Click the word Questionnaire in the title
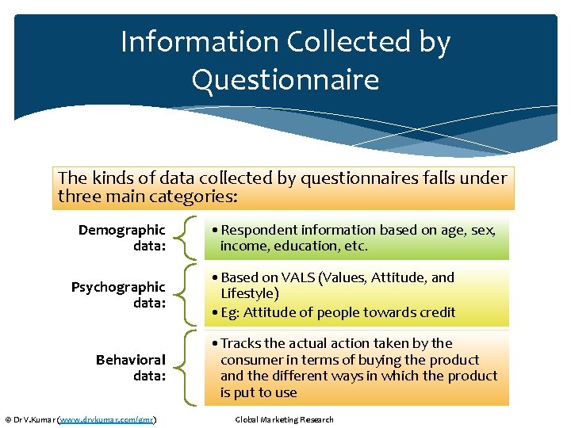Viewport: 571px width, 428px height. (285, 79)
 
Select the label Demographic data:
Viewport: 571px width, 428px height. (121, 238)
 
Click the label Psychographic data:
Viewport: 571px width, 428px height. (118, 295)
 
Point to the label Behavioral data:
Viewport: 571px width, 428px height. (130, 368)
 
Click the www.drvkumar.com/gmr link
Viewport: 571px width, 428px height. (107, 419)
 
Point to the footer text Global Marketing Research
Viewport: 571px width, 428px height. (285, 419)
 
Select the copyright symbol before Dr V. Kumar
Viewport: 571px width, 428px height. (8, 419)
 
